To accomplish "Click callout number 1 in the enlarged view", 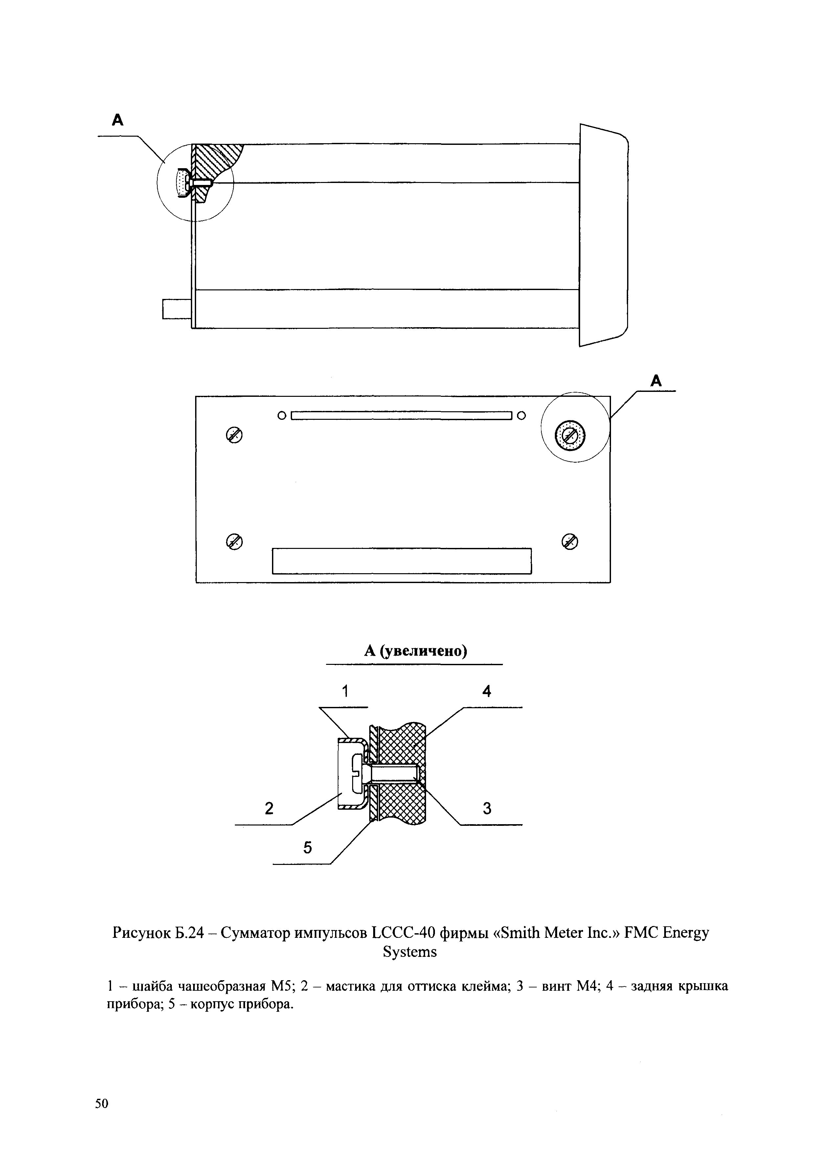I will (345, 691).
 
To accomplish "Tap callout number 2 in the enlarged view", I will (269, 808).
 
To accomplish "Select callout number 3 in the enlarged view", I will (487, 808).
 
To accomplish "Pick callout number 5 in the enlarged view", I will (307, 847).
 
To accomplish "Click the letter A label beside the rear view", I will (656, 381).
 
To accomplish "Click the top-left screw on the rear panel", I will (234, 436).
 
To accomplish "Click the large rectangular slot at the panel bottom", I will (401, 561).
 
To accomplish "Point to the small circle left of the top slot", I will (282, 416).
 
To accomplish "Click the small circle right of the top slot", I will (521, 416).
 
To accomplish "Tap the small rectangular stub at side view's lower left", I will (177, 308).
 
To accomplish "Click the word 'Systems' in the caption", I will (410, 952).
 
